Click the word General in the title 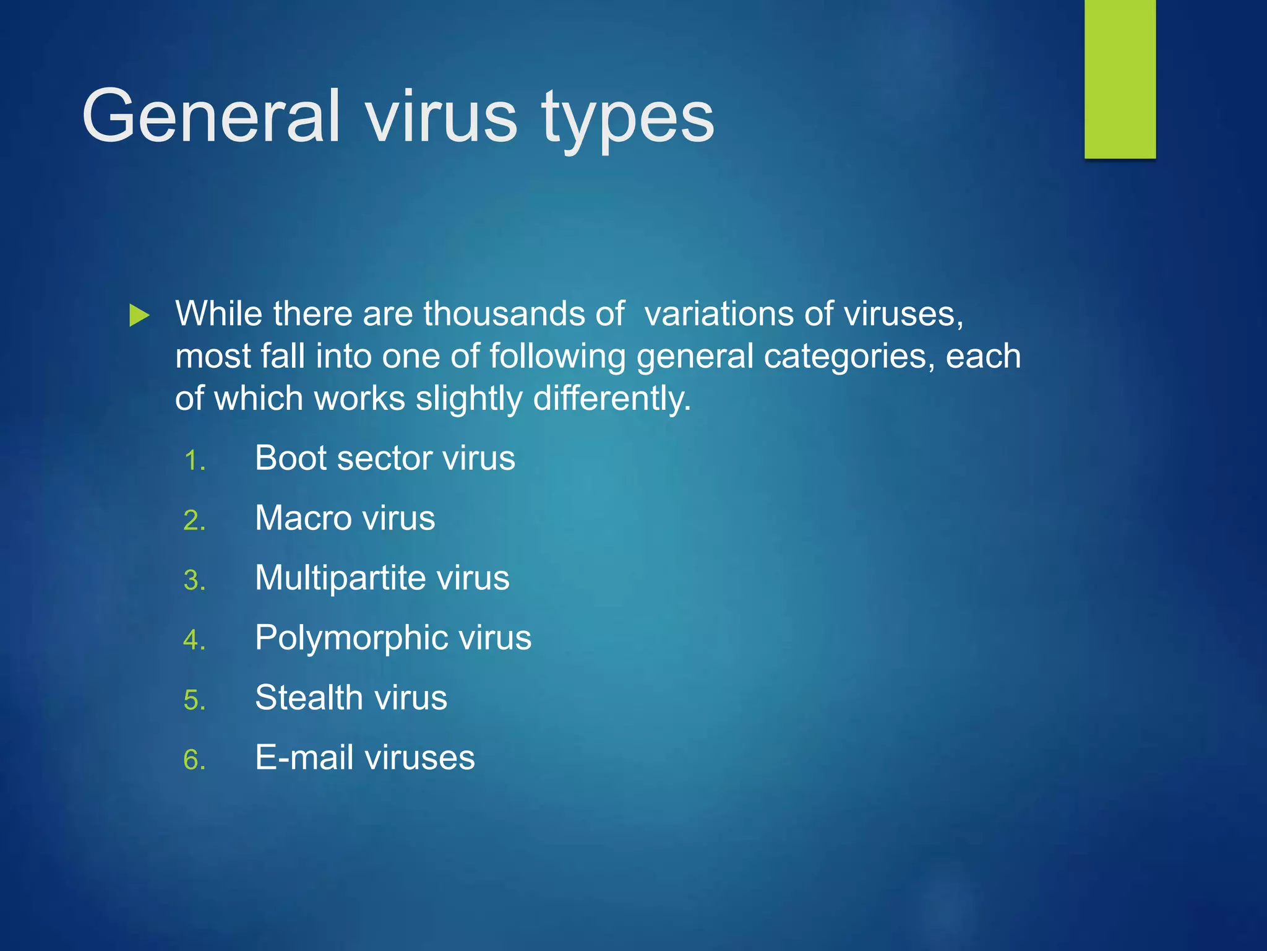210,116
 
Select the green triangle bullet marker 139,315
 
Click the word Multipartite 340,578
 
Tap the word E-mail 304,757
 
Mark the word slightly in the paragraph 469,399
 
